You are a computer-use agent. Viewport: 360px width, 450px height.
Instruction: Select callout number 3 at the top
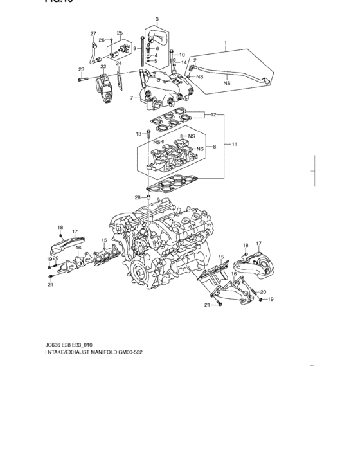coord(157,21)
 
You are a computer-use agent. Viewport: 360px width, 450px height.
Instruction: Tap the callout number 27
coord(93,33)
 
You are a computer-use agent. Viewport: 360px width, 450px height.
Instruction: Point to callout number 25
coord(120,33)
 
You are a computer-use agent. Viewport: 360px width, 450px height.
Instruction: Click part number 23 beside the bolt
coord(81,69)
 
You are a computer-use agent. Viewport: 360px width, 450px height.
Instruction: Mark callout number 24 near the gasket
coord(118,64)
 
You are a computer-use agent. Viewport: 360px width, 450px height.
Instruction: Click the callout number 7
coord(130,98)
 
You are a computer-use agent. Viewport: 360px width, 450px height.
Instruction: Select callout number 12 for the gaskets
coord(213,115)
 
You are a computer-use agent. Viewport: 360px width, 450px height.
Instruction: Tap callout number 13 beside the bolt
coord(138,134)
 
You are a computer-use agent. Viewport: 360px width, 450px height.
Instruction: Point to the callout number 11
coord(234,145)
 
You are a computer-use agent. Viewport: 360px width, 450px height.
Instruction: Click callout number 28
coord(137,197)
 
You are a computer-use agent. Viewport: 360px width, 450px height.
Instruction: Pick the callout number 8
coord(213,147)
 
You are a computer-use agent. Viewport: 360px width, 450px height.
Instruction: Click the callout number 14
coord(184,62)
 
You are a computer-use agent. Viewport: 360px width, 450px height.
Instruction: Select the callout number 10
coord(182,55)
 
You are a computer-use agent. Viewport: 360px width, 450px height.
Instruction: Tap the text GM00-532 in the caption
coord(144,353)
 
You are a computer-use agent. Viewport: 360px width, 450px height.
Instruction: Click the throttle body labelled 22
coord(105,86)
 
